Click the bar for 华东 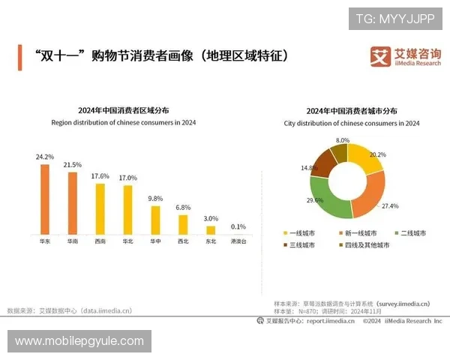point(45,199)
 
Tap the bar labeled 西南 point(100,209)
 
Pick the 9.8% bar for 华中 point(155,220)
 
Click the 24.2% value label point(45,157)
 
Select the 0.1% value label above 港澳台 point(238,226)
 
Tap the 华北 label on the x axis point(127,242)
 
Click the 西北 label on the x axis point(183,242)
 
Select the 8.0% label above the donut point(343,140)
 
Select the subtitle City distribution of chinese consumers point(352,123)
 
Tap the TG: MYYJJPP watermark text point(395,19)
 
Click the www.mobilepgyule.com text point(79,341)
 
